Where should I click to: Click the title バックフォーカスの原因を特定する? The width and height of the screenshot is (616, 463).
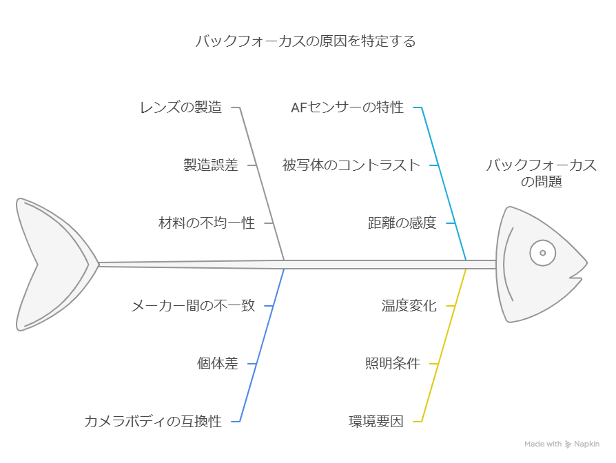tap(305, 41)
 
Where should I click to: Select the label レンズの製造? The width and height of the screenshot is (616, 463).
tap(181, 107)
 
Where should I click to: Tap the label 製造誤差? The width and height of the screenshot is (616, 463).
tap(210, 165)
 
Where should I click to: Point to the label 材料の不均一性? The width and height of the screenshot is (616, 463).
tap(206, 223)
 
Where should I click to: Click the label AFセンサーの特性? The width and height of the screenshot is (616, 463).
tap(347, 107)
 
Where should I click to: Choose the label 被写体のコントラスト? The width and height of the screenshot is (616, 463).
tap(351, 165)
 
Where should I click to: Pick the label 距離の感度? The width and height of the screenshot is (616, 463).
tap(402, 223)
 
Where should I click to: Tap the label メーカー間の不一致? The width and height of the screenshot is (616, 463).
tap(193, 306)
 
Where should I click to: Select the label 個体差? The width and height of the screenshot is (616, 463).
tap(218, 364)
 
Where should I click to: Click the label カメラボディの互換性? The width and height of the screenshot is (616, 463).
tap(153, 422)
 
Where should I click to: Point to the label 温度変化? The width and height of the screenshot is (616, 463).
tap(409, 306)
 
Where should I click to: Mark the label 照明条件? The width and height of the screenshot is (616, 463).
tap(392, 364)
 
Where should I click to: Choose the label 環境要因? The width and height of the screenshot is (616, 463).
tap(376, 422)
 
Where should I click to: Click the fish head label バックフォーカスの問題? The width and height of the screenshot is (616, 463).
tap(541, 173)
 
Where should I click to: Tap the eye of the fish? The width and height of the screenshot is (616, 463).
tap(542, 253)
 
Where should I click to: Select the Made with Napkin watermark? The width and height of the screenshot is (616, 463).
tap(562, 444)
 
